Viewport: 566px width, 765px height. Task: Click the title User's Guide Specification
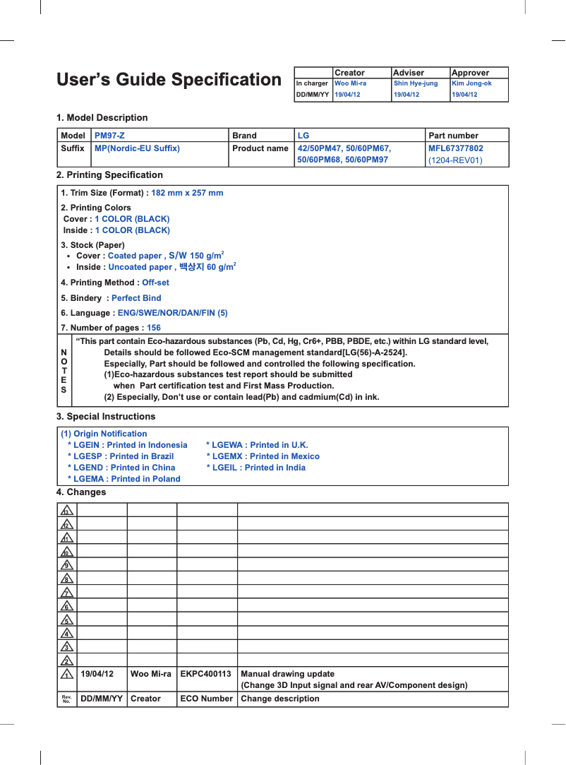click(x=169, y=80)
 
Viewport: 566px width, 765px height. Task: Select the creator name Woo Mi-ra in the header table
click(x=350, y=83)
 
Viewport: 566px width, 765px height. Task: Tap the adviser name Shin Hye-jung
click(x=415, y=83)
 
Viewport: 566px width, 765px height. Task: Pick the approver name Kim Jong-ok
click(x=471, y=83)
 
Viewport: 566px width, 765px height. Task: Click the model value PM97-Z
click(x=110, y=136)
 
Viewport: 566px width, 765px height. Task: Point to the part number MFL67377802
click(x=455, y=148)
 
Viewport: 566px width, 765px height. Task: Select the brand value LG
click(x=303, y=136)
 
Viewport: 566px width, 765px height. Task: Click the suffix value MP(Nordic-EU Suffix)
click(x=137, y=148)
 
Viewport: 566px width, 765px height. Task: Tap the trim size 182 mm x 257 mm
click(x=187, y=193)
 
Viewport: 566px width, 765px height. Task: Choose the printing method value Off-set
click(x=155, y=283)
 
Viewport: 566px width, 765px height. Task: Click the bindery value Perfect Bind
click(x=136, y=298)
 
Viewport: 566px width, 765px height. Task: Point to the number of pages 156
click(x=153, y=328)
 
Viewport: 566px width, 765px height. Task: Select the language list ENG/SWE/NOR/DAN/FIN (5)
click(x=172, y=313)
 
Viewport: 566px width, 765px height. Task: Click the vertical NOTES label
click(x=64, y=371)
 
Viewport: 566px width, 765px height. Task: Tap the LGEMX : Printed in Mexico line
click(x=263, y=456)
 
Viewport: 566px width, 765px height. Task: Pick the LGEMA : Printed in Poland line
click(x=124, y=479)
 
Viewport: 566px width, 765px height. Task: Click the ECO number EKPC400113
click(x=206, y=674)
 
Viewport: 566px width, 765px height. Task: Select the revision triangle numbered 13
click(x=67, y=510)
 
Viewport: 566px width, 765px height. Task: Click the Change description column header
click(x=279, y=699)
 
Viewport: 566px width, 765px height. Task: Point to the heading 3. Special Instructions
click(x=106, y=417)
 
